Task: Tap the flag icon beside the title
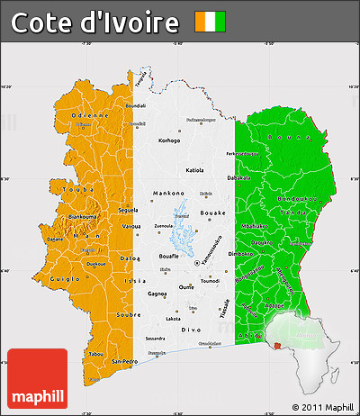pos(211,22)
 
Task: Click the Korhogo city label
pos(169,140)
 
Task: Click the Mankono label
pos(167,193)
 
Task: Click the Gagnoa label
pos(157,294)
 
